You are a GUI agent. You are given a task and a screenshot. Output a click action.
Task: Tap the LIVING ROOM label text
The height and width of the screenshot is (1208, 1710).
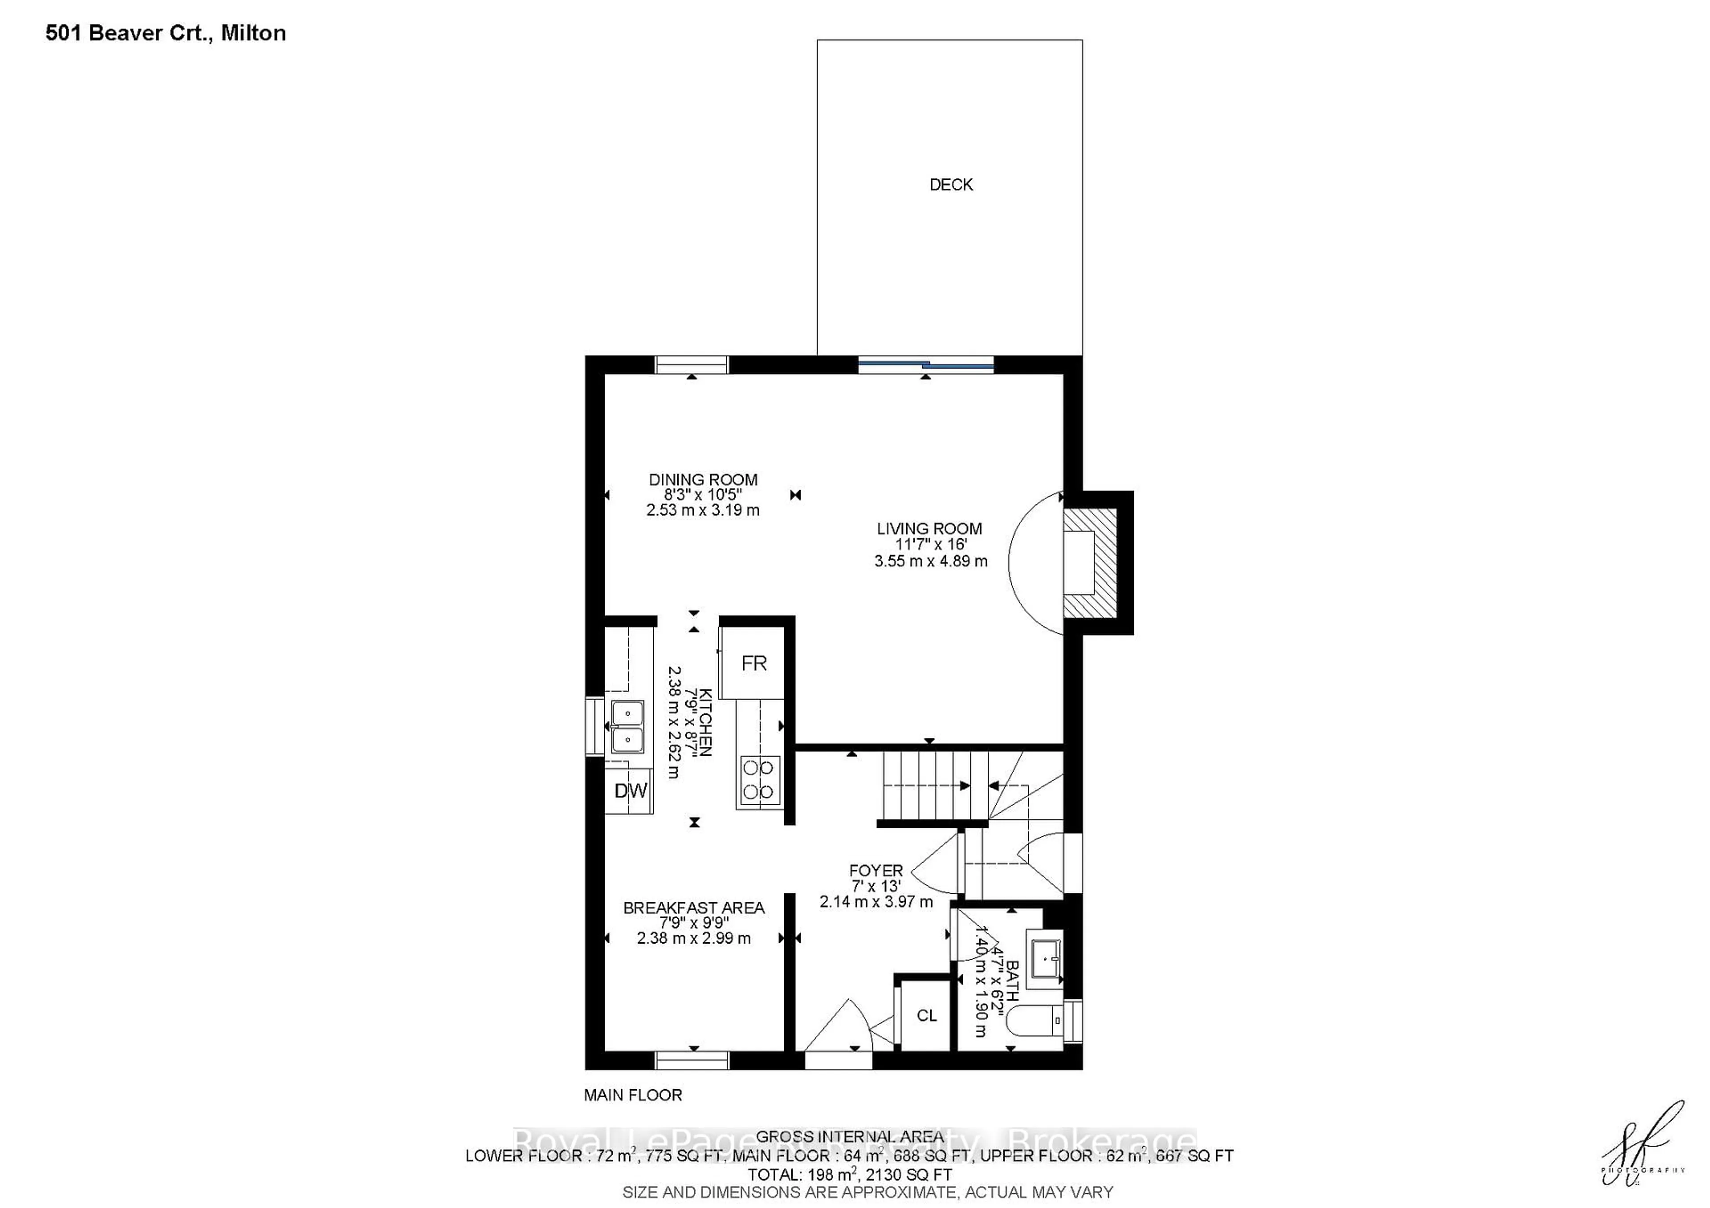[x=929, y=528]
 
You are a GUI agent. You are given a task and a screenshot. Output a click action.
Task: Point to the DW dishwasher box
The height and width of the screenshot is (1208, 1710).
[x=629, y=790]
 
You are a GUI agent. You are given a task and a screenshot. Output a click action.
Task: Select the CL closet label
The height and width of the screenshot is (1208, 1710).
[x=926, y=1015]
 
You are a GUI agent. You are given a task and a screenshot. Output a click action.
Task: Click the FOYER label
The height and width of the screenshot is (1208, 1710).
[x=876, y=870]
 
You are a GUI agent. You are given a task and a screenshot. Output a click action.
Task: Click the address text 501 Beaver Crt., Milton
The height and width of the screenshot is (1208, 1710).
[x=165, y=33]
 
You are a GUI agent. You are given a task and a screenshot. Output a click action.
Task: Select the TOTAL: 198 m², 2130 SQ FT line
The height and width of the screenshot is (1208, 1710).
[x=849, y=1175]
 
